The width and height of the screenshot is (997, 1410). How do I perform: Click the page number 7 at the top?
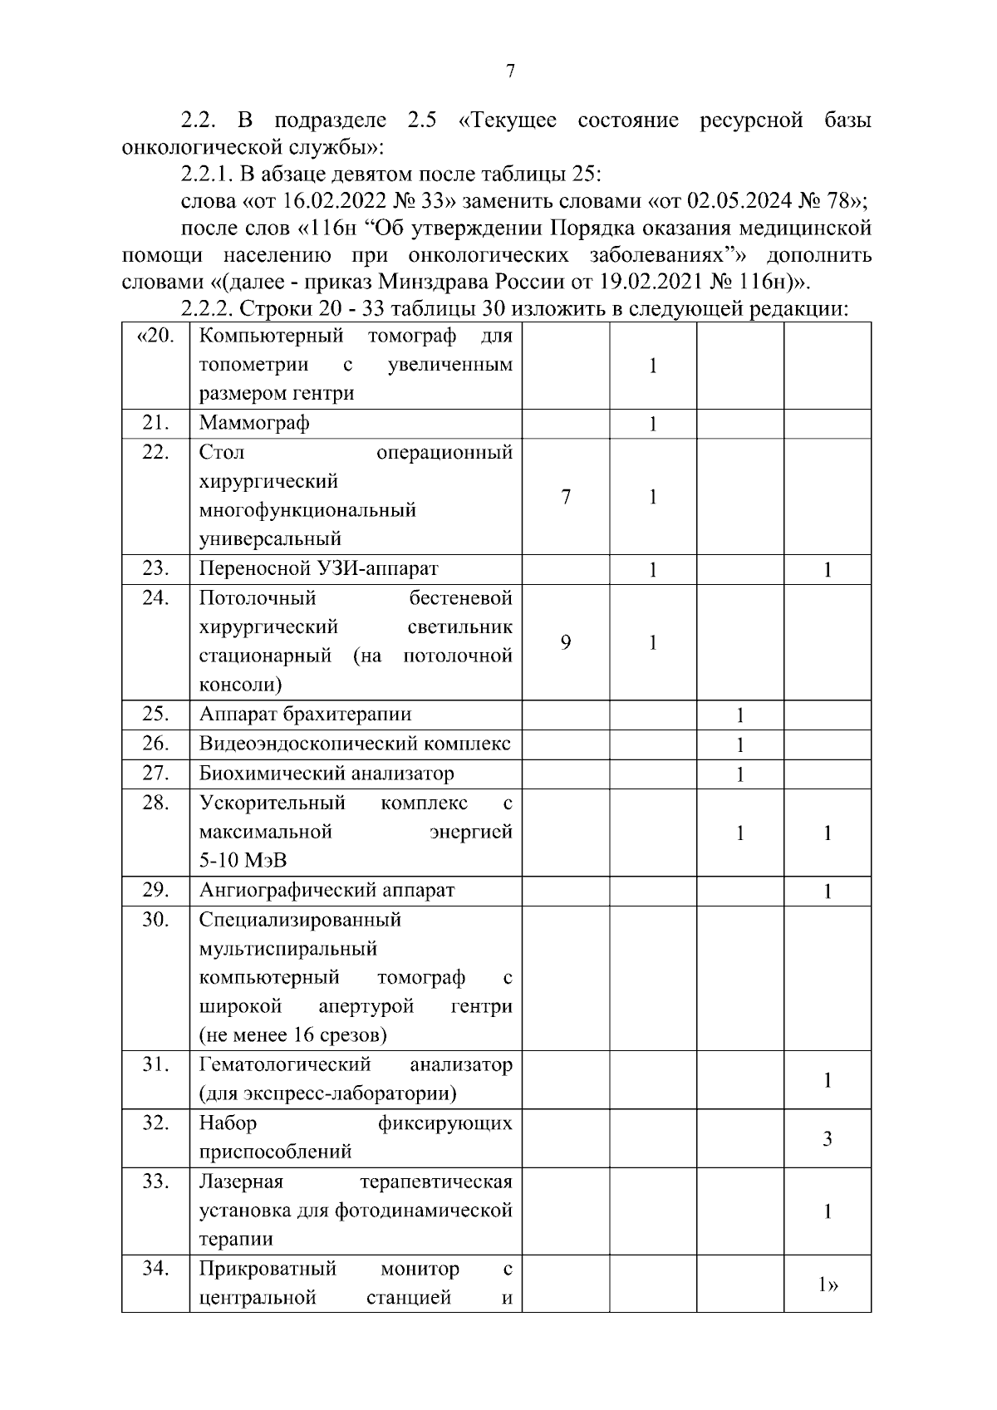coord(510,71)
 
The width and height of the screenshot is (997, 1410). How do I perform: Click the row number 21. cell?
coord(155,423)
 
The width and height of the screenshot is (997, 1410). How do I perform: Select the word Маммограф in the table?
coord(254,423)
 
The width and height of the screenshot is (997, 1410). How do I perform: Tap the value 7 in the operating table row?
coord(566,497)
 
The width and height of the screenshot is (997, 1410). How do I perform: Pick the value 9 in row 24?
coord(566,642)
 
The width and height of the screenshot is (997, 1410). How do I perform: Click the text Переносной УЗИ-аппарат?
coord(318,569)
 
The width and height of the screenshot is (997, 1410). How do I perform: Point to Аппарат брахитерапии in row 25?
coord(305,715)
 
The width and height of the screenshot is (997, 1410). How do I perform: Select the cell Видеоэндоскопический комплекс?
coord(355,744)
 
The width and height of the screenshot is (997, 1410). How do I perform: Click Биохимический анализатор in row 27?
coord(327,774)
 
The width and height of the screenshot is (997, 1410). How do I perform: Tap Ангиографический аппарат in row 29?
coord(327,891)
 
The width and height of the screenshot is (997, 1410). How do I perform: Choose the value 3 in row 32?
coord(828,1139)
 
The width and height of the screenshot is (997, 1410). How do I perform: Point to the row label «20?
coord(155,337)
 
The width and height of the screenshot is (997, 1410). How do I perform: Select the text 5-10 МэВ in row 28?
coord(243,862)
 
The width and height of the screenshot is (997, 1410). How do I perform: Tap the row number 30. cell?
coord(155,920)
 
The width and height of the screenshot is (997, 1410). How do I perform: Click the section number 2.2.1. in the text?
coord(208,174)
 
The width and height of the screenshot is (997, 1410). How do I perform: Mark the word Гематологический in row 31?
coord(285,1065)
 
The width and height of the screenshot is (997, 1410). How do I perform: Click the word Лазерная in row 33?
coord(241,1182)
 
